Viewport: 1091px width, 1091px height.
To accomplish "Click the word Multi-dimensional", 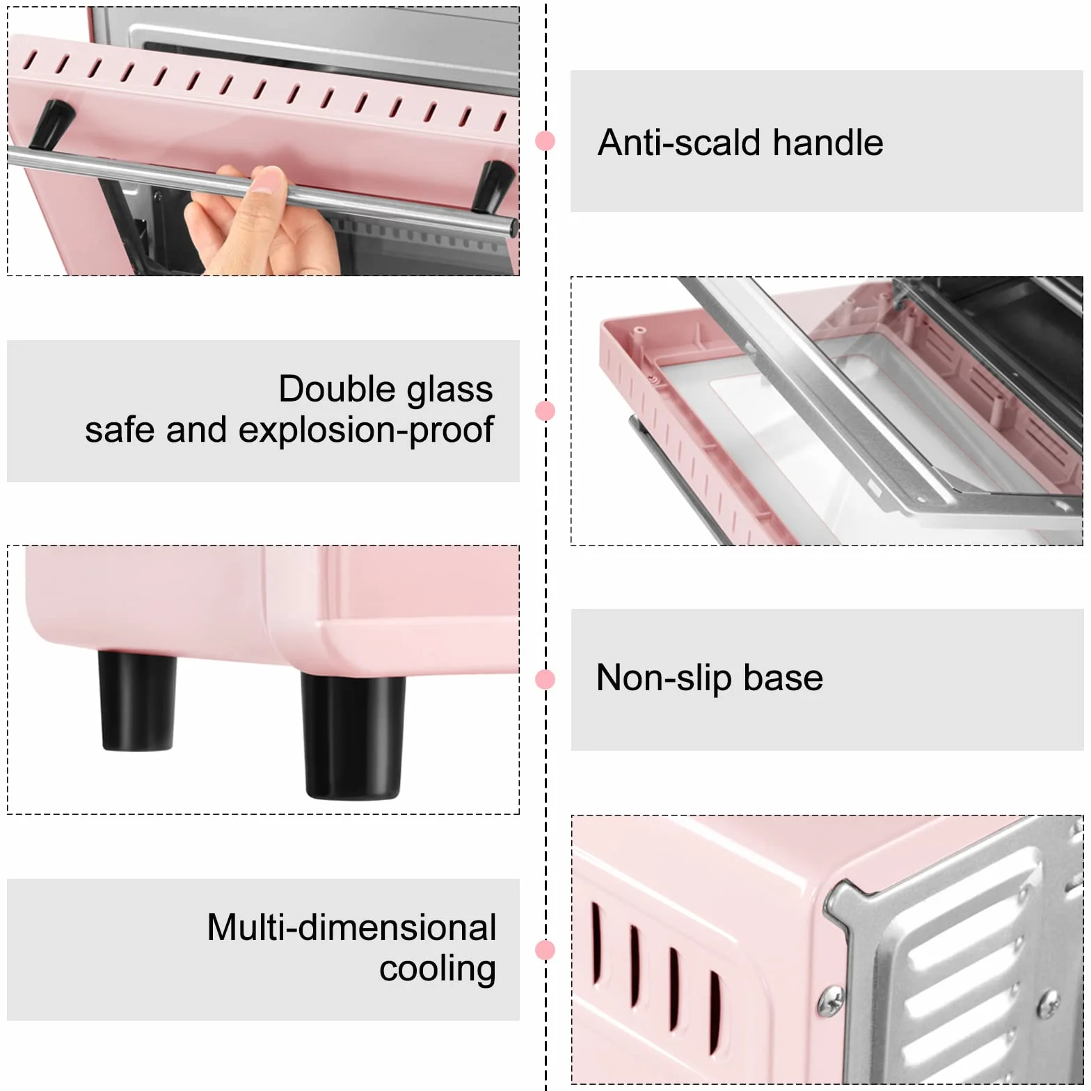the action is click(x=351, y=927).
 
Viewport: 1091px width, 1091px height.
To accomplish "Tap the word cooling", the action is click(x=438, y=969).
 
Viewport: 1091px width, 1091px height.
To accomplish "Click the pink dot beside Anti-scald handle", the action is click(x=545, y=141).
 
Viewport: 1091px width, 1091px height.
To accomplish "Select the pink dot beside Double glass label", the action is click(x=545, y=411).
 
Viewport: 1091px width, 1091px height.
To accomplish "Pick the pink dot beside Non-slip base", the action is click(x=545, y=679).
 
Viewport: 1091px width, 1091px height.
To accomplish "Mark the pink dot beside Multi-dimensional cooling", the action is click(x=545, y=950).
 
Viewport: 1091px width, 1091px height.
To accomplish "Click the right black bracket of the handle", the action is click(x=495, y=185).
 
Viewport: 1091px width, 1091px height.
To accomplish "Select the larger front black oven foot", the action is click(x=353, y=736).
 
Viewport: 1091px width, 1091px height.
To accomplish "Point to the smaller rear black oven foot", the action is click(x=137, y=701).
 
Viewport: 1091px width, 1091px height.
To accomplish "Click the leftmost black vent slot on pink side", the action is click(x=597, y=943).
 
